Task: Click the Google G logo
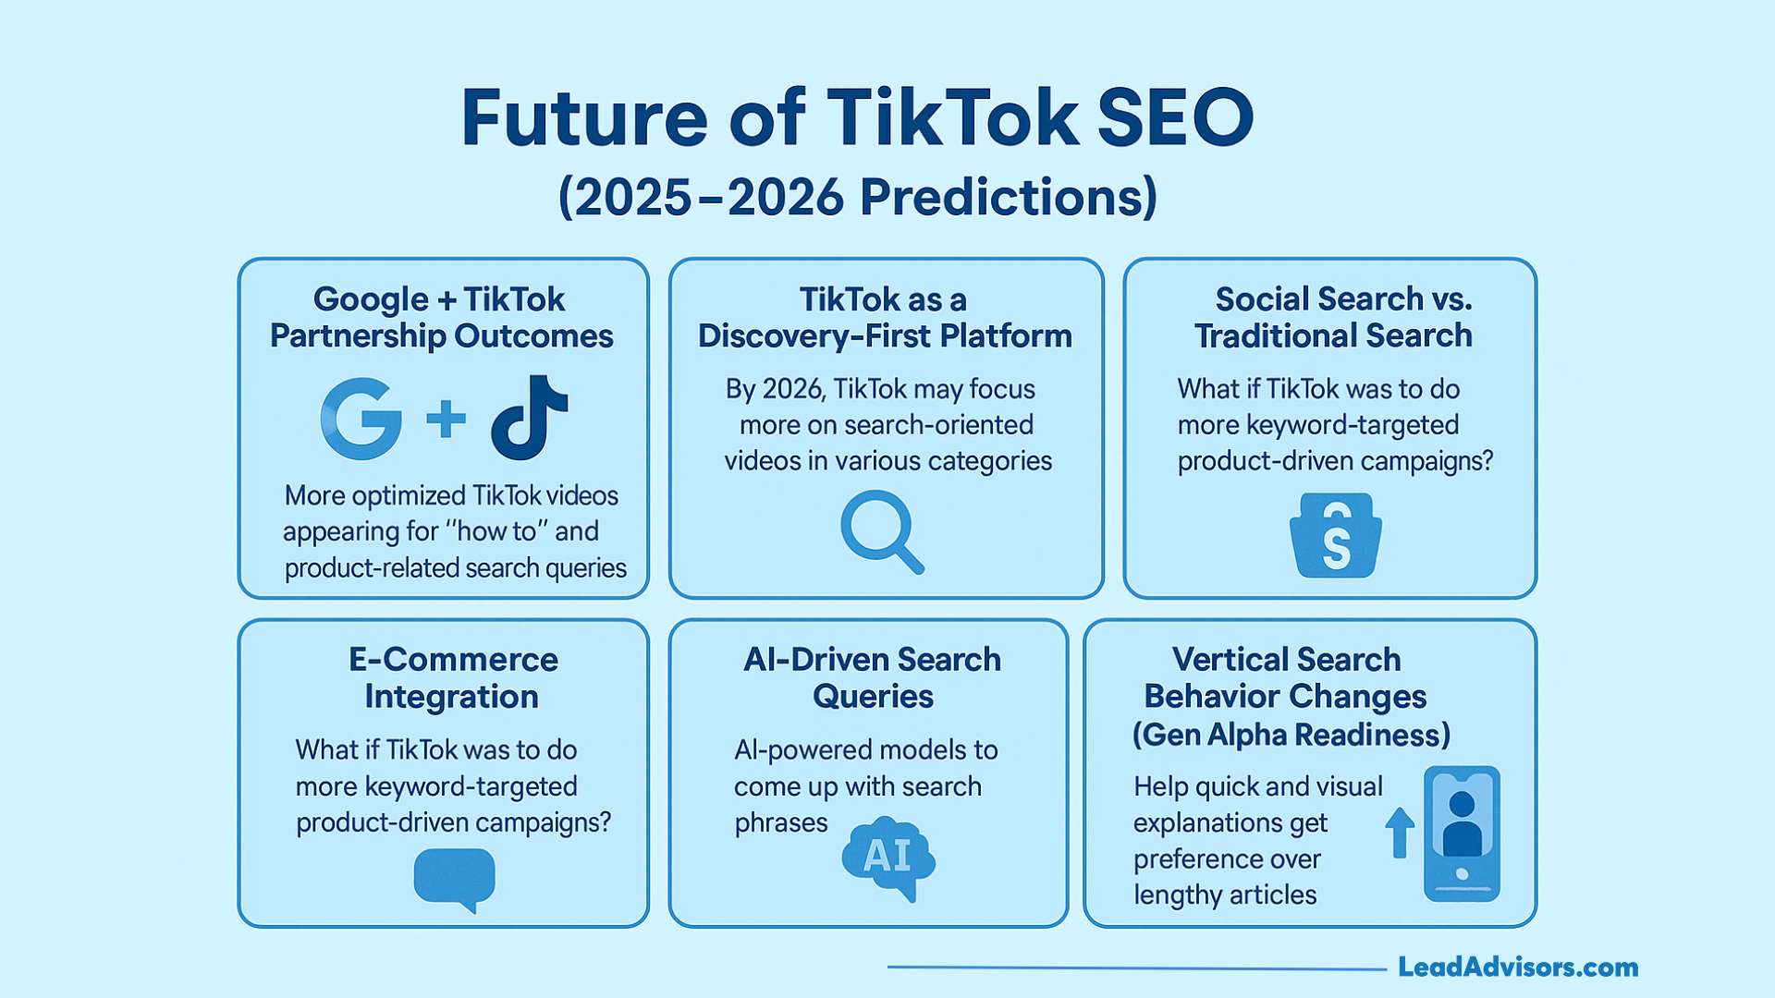tap(361, 419)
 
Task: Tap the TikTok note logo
tap(529, 418)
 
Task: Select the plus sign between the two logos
tap(446, 419)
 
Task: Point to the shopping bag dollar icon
tap(1335, 536)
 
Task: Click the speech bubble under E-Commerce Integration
tap(454, 880)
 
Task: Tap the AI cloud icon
tap(887, 858)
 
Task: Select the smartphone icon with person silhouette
tap(1461, 834)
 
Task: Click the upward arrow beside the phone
tap(1400, 832)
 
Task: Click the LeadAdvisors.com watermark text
tap(1517, 968)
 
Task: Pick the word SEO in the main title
tap(1175, 118)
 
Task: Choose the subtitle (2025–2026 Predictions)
tap(857, 197)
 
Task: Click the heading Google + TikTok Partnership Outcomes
tap(441, 318)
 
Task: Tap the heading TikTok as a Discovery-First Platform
tap(885, 318)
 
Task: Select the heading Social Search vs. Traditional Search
tap(1333, 317)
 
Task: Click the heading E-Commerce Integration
tap(452, 678)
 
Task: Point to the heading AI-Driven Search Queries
tap(872, 678)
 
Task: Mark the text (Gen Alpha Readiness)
tap(1291, 735)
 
